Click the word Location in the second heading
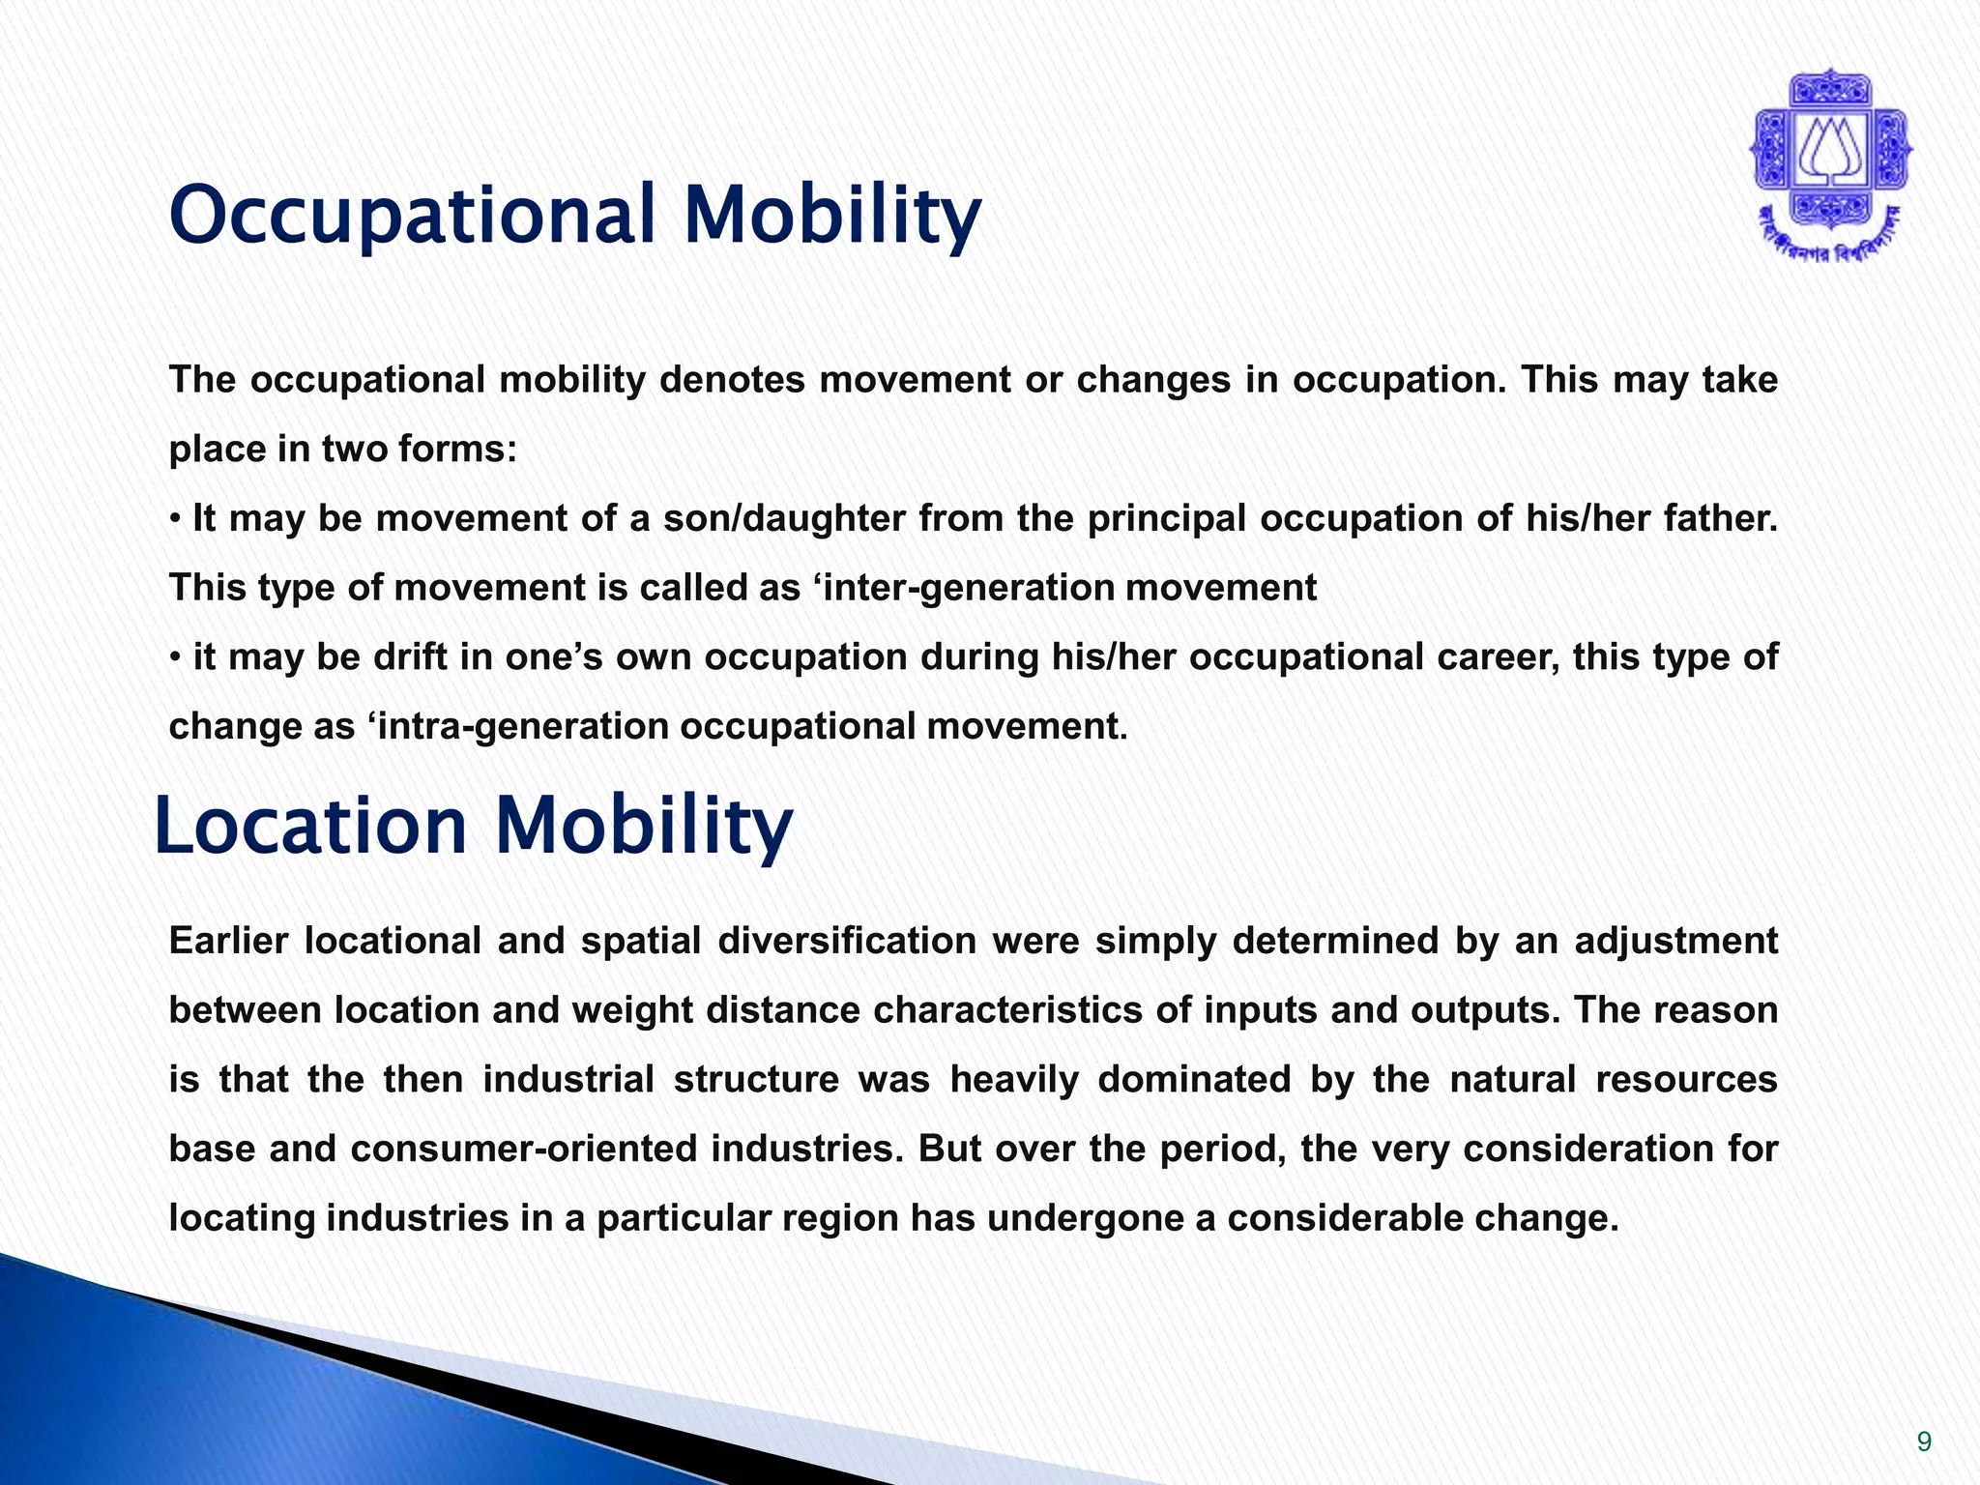tap(310, 826)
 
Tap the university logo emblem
tap(1830, 155)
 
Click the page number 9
tap(1924, 1442)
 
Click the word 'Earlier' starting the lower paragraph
tap(228, 941)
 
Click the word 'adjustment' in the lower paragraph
tap(1675, 941)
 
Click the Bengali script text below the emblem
tap(1830, 242)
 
